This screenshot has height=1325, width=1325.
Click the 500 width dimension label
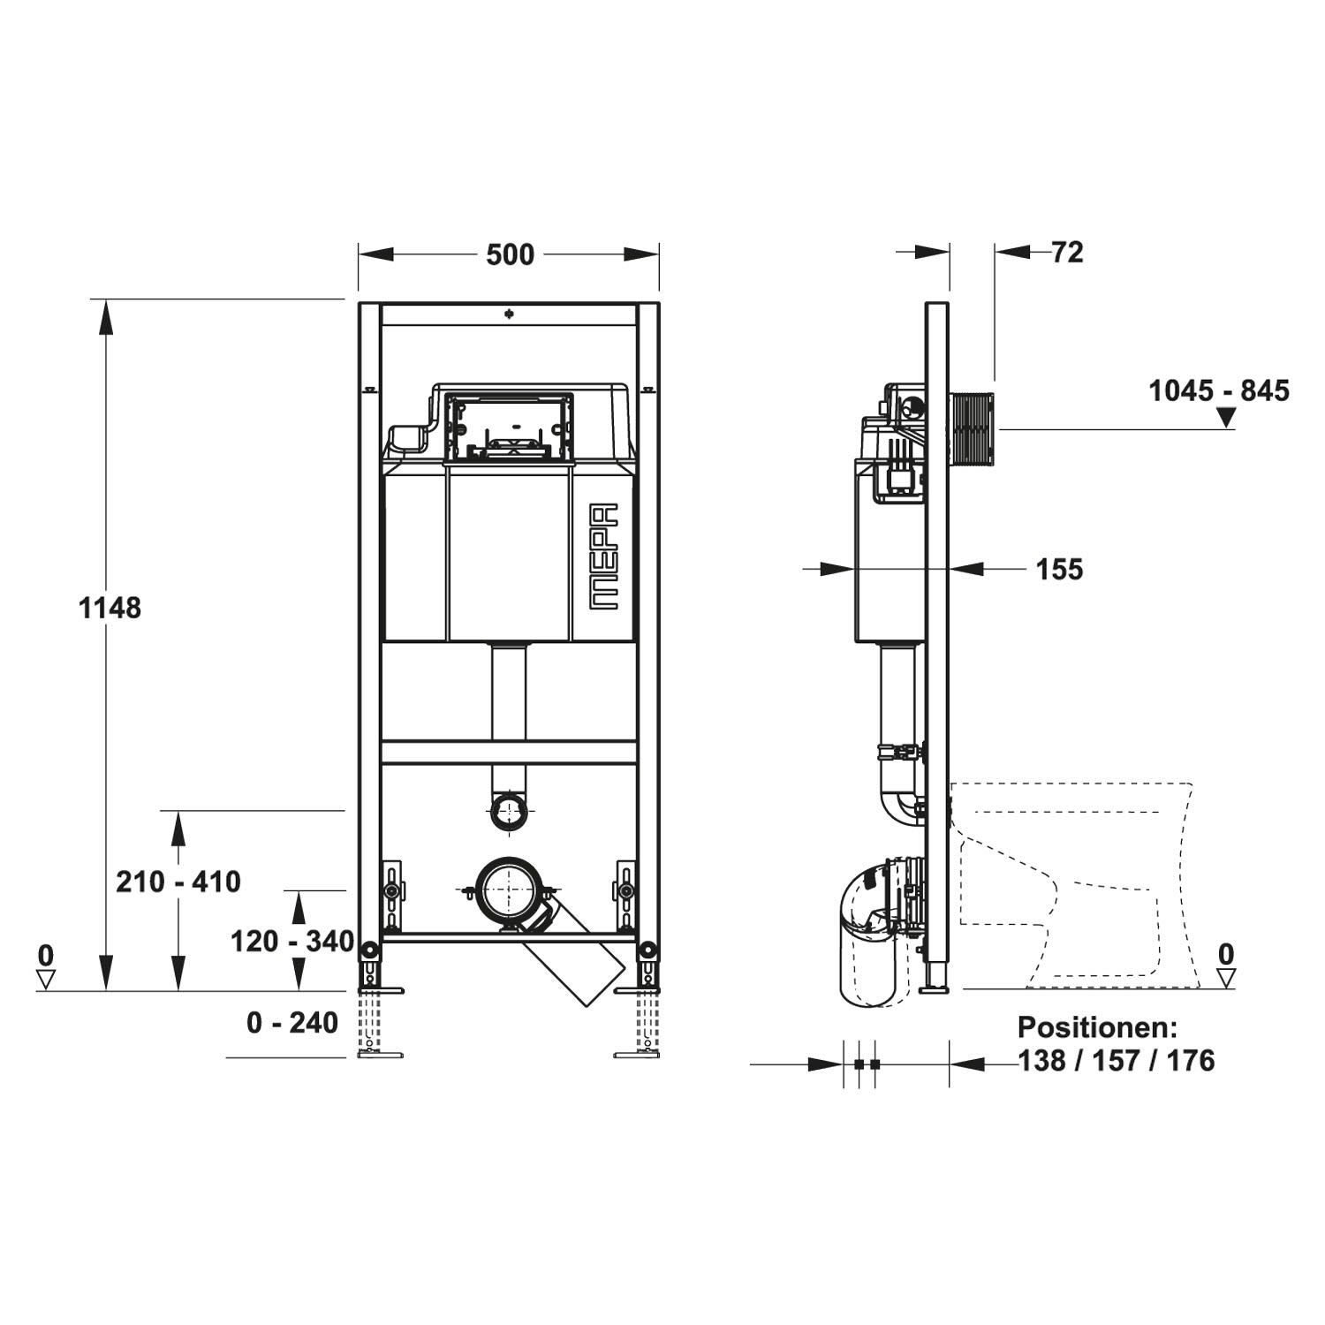(x=511, y=254)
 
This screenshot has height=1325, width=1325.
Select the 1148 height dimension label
(x=110, y=608)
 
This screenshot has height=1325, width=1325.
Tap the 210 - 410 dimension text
(x=178, y=882)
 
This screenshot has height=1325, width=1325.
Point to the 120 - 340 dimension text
(x=292, y=942)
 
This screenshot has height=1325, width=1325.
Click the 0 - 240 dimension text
(x=292, y=1023)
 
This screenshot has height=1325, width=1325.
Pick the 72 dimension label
(x=1068, y=253)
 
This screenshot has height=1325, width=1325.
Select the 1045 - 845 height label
(x=1219, y=390)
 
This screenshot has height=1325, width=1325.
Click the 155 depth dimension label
(x=1059, y=570)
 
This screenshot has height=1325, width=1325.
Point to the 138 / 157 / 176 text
(x=1117, y=1060)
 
